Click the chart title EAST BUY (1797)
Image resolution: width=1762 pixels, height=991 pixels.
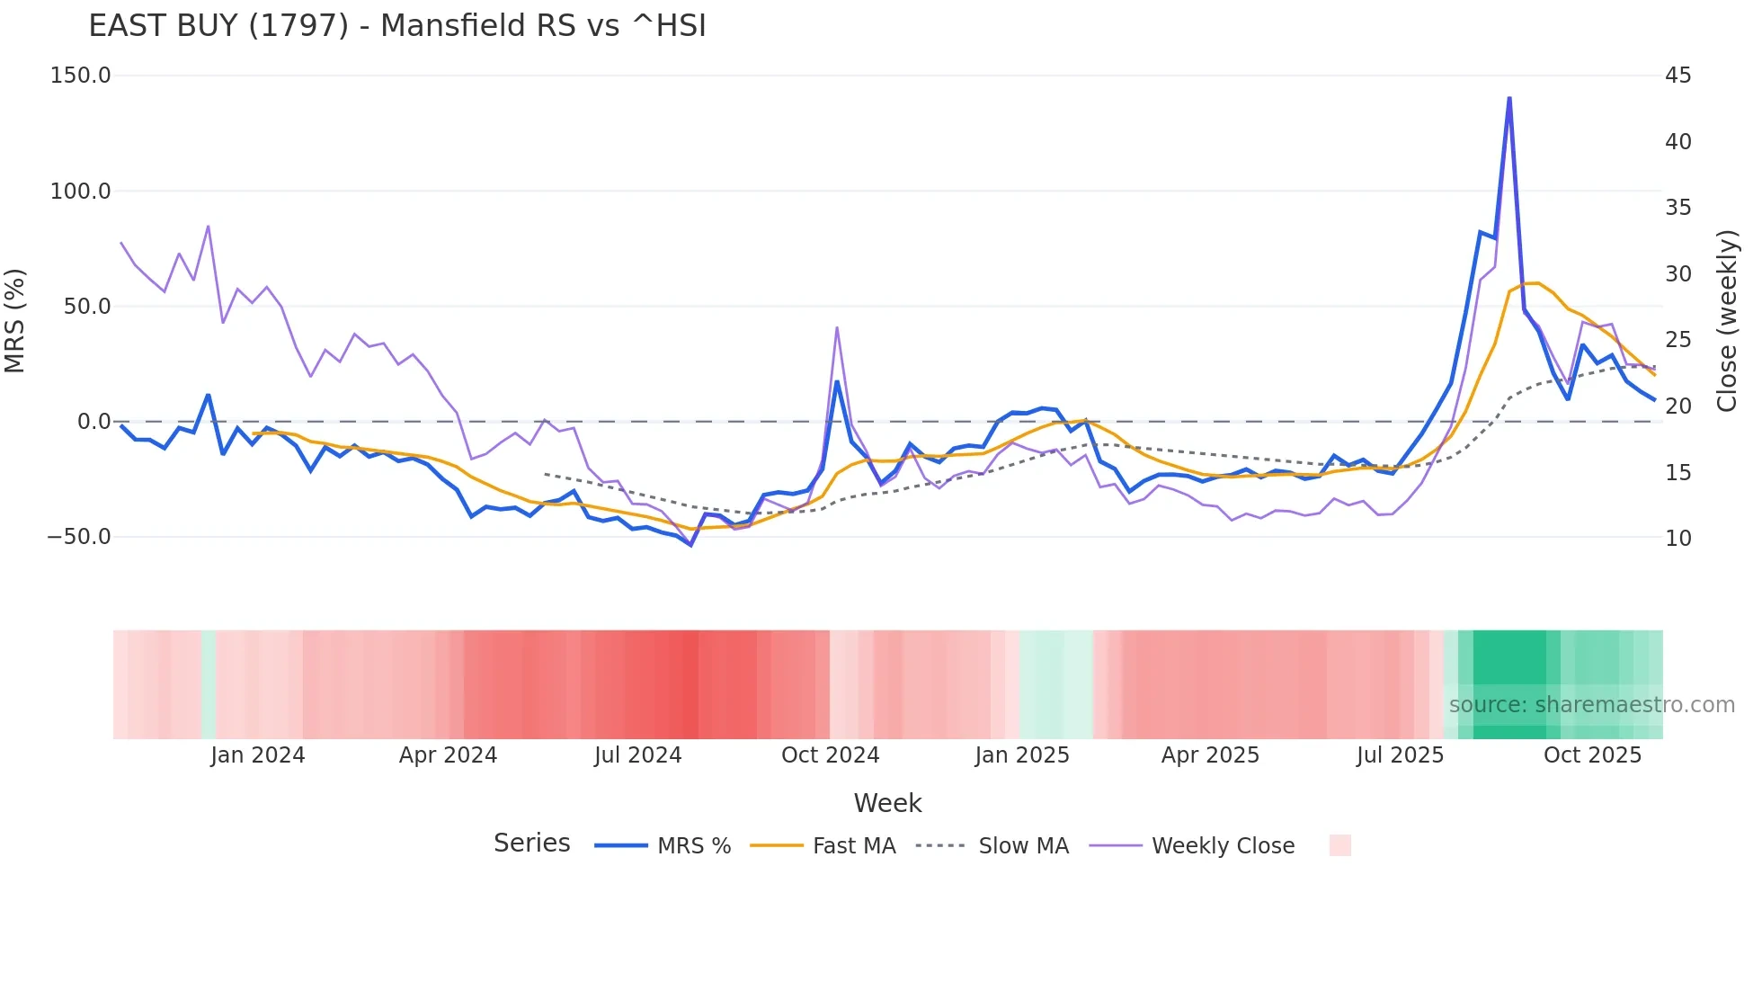[x=396, y=25]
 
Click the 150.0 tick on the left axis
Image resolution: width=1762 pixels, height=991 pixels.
[x=80, y=76]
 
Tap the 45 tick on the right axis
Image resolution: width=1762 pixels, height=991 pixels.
[x=1677, y=76]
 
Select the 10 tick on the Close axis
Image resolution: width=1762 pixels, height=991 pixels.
[x=1677, y=539]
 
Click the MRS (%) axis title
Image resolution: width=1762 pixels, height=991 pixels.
[x=15, y=320]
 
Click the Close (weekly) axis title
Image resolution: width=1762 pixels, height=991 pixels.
[x=1727, y=320]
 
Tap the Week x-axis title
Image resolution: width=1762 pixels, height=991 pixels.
[x=887, y=803]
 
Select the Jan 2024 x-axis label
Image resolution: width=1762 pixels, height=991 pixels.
[x=258, y=755]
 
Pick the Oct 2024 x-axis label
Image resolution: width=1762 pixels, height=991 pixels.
[x=830, y=755]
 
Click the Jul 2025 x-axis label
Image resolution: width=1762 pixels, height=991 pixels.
[x=1400, y=755]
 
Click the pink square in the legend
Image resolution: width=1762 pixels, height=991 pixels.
[x=1339, y=845]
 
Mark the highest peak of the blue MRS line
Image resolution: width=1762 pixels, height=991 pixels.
[x=1509, y=98]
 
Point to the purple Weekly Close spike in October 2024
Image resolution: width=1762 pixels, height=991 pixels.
[x=837, y=328]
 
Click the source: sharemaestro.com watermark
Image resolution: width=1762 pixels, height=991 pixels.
[x=1591, y=705]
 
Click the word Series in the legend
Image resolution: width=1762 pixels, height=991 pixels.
[x=531, y=844]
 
